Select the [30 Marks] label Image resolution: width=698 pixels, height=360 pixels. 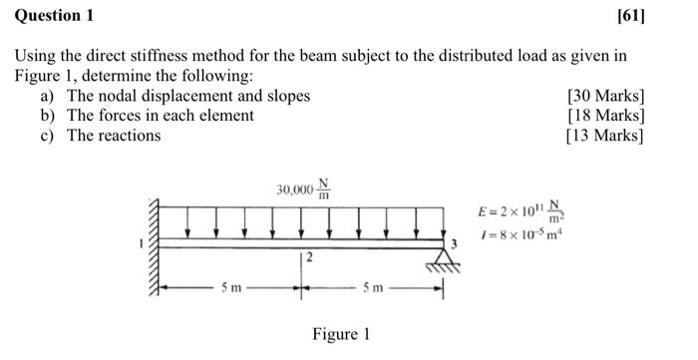604,96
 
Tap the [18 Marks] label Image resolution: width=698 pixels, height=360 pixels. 604,115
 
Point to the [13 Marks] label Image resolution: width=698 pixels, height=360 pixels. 604,135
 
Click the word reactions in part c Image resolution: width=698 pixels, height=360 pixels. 128,135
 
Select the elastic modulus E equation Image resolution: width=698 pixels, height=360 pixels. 520,212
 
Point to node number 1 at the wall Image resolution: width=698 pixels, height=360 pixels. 144,243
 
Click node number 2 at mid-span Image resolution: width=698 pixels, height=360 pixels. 309,259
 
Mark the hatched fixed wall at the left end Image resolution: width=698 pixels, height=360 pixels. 155,249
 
